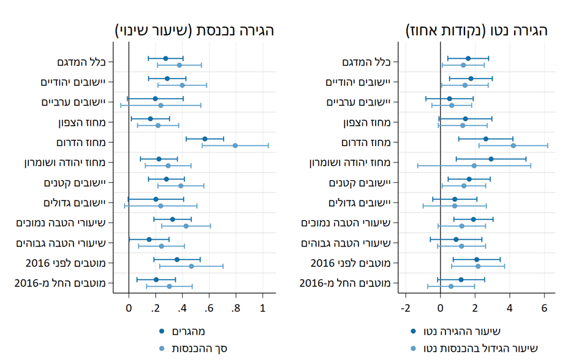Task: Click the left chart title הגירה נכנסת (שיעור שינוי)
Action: (x=194, y=31)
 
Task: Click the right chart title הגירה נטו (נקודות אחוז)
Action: (x=477, y=31)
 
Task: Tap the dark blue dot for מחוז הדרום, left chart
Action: (x=205, y=139)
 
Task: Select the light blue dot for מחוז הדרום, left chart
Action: (x=235, y=146)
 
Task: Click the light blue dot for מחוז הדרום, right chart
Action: (x=513, y=146)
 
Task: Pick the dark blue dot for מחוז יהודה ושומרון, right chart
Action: (x=491, y=159)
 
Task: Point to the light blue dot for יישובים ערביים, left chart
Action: (x=161, y=105)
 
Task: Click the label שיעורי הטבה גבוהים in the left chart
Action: (x=63, y=243)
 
